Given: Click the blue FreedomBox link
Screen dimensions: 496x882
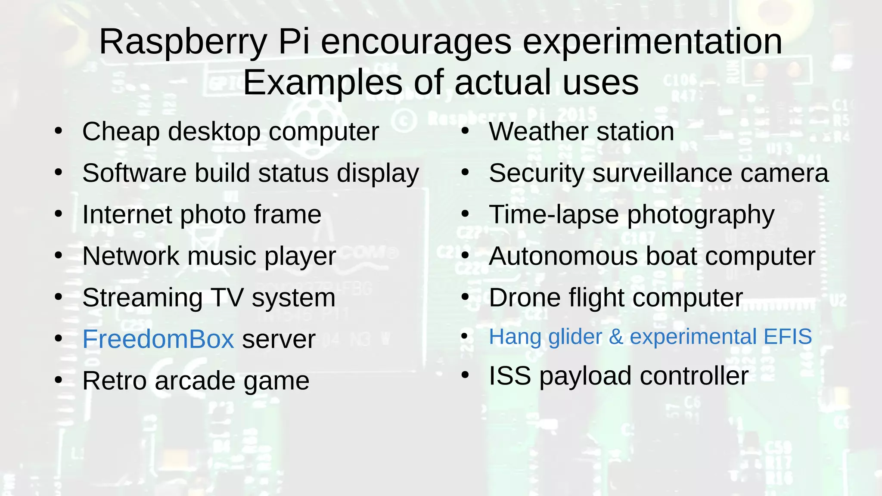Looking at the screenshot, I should [x=158, y=339].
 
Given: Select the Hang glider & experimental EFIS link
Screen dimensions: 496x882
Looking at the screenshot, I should [x=650, y=337].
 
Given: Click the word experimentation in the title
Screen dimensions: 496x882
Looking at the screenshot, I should [x=652, y=42].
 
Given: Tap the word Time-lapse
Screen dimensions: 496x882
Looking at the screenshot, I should [x=554, y=214].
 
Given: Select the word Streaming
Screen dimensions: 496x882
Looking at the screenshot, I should [x=142, y=298].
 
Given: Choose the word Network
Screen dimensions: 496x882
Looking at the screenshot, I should [x=130, y=256].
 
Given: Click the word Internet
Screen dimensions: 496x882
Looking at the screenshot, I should [x=127, y=214].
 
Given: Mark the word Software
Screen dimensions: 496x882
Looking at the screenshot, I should [x=134, y=173].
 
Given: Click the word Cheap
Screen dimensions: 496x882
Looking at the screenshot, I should [x=121, y=132].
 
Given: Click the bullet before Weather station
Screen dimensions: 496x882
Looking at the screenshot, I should [x=465, y=131].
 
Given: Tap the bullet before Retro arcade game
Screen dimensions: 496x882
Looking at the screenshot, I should [x=59, y=380].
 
